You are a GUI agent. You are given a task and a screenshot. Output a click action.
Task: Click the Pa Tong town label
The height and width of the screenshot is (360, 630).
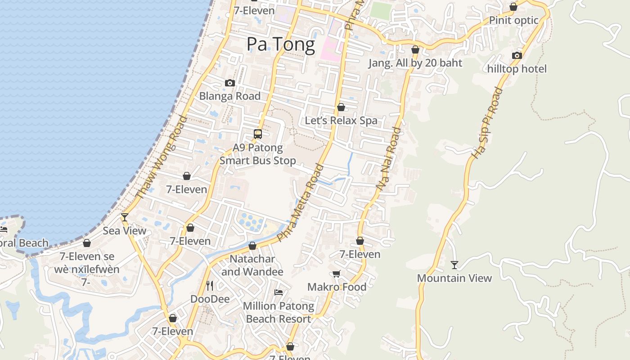[x=280, y=45]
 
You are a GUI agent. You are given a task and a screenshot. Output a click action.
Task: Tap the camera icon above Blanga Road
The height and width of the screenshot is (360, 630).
[x=230, y=83]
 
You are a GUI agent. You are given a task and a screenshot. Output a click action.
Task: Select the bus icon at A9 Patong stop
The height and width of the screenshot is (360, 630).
[x=258, y=134]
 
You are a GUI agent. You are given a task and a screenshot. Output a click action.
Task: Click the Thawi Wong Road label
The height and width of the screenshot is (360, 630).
[x=162, y=157]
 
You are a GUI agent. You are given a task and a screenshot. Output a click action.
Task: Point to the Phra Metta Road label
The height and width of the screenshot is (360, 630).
[x=300, y=202]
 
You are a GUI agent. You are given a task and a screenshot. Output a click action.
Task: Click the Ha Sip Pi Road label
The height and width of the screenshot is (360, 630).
[x=486, y=123]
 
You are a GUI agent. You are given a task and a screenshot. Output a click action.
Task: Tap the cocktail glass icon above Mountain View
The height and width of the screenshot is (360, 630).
[x=454, y=265]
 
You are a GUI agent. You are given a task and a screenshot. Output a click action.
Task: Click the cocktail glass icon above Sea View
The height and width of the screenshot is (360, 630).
[x=125, y=217]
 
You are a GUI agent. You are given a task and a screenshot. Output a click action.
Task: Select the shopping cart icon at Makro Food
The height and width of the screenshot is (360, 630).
[x=337, y=274]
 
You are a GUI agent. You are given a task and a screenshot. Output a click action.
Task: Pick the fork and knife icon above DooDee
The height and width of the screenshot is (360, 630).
[x=210, y=285]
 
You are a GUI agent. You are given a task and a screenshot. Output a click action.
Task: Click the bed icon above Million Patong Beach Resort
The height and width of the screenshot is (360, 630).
[x=279, y=292]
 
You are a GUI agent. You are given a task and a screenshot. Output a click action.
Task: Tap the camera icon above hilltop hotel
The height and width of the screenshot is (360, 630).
[x=517, y=55]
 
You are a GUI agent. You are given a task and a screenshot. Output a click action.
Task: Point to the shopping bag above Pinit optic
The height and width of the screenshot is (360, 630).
[x=513, y=7]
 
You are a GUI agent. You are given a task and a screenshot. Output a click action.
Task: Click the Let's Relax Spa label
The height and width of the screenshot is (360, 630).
[x=341, y=121]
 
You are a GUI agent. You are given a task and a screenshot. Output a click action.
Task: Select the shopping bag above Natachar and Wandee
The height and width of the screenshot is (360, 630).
[x=252, y=246]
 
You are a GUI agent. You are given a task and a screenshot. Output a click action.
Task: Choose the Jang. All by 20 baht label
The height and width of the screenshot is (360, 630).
[x=415, y=63]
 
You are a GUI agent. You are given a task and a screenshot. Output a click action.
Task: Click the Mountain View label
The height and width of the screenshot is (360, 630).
[x=454, y=278]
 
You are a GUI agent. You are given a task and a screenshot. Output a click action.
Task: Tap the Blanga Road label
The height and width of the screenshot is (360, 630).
[x=230, y=96]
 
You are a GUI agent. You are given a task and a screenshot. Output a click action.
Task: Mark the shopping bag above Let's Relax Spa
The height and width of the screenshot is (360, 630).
[x=341, y=107]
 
